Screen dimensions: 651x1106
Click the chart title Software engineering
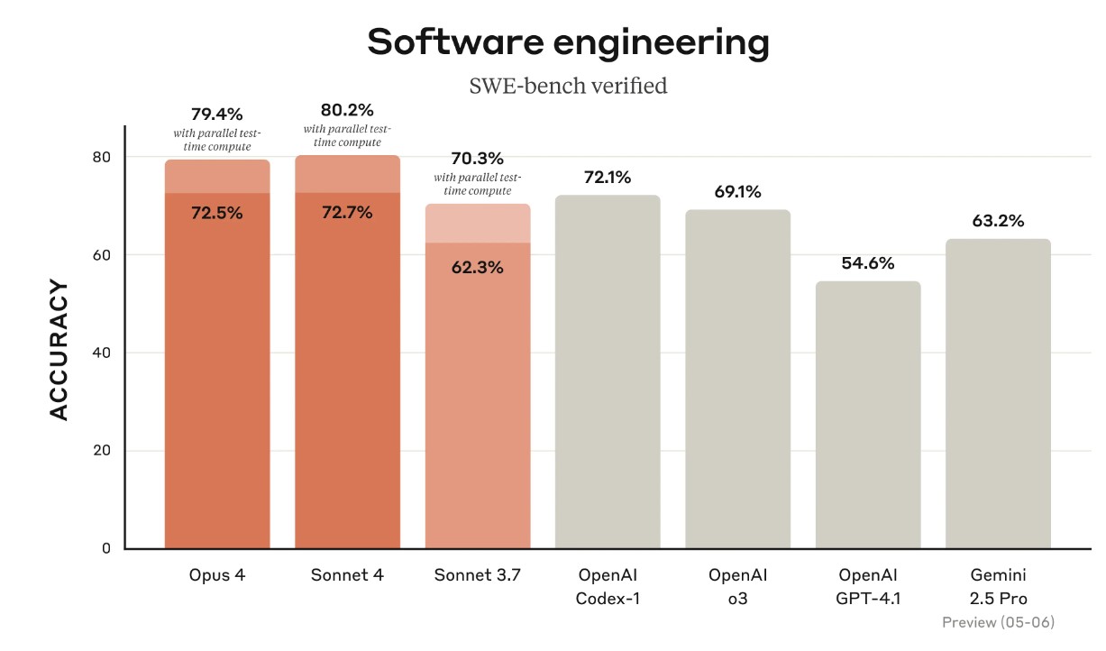click(568, 42)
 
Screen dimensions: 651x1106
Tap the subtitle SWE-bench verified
click(568, 87)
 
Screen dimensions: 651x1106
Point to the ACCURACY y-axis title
click(59, 350)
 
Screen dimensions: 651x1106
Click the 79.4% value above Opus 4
click(216, 115)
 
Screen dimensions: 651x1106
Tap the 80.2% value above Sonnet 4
click(347, 110)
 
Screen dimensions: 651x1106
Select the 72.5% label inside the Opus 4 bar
click(217, 214)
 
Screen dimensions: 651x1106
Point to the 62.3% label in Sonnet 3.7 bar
click(478, 268)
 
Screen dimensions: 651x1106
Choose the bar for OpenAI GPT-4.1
click(868, 415)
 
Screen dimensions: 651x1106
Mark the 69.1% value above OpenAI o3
click(737, 192)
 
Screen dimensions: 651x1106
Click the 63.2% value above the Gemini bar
click(998, 221)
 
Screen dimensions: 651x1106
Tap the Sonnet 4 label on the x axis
click(347, 575)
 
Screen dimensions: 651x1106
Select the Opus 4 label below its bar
click(217, 575)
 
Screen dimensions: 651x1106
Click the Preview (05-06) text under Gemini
click(998, 622)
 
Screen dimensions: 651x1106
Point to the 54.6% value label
click(868, 263)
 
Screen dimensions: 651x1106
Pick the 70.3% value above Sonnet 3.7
click(478, 158)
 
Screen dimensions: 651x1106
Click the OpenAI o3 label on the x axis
click(737, 586)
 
